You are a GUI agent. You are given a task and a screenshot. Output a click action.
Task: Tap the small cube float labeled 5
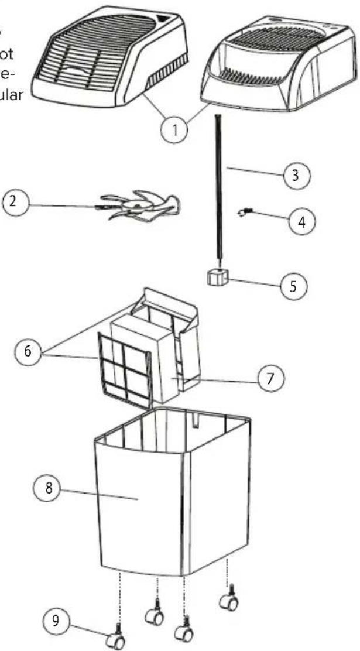pos(217,278)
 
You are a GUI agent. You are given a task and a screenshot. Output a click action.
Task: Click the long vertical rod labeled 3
pos(220,187)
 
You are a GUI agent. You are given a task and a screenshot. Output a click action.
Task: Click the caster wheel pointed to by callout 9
pos(117,642)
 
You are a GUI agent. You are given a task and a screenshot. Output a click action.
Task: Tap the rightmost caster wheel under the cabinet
pos(228,602)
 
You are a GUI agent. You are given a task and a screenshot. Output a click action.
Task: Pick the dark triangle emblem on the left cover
pos(167,19)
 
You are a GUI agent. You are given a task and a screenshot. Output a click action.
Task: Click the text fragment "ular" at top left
pos(12,96)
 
